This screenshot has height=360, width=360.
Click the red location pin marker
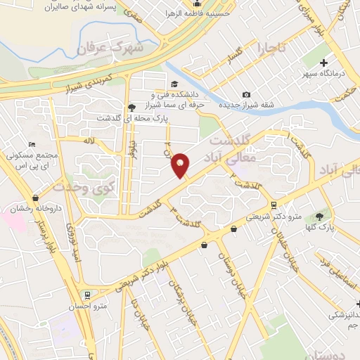(x=181, y=165)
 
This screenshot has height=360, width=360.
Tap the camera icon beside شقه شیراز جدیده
(x=246, y=95)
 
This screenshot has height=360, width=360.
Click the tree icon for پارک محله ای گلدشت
(x=131, y=108)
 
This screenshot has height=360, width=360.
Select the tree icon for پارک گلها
(x=320, y=217)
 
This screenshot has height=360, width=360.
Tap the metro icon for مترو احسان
(x=87, y=295)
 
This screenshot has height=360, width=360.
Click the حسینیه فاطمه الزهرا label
(x=211, y=12)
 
